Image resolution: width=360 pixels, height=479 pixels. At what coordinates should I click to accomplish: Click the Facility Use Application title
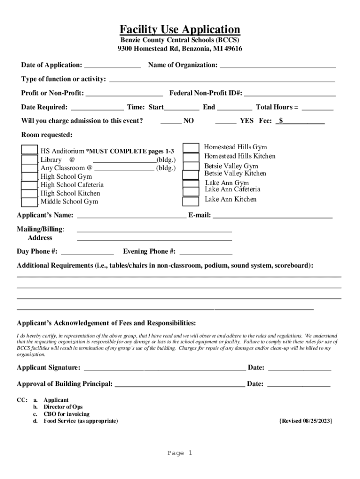point(180,29)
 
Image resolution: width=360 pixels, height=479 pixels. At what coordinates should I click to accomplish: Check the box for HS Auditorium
point(29,150)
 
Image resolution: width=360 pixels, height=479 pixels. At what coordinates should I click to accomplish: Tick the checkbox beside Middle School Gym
point(29,202)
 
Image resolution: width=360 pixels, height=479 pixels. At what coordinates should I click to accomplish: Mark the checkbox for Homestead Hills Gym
point(191,148)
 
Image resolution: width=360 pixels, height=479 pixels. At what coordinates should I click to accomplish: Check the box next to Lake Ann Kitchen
point(191,202)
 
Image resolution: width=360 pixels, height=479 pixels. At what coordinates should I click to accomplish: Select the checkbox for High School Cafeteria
point(29,185)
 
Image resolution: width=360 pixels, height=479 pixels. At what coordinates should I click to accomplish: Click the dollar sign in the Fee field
point(281,121)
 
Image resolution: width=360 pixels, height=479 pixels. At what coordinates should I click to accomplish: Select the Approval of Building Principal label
point(65,384)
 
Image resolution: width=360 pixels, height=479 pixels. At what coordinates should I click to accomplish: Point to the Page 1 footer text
point(180,453)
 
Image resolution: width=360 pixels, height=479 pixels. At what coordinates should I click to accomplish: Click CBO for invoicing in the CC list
point(66,414)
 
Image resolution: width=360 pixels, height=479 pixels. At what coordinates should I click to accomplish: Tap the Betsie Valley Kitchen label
point(235,174)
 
